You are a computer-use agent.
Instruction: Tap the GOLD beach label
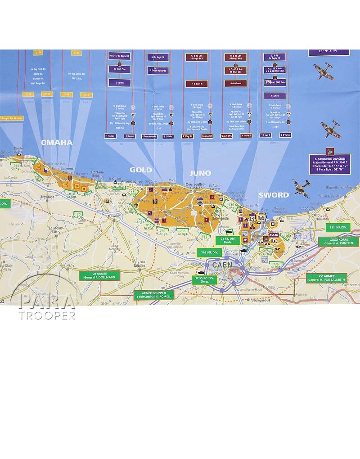141,170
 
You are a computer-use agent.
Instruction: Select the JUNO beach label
200,173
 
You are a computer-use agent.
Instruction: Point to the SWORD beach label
274,195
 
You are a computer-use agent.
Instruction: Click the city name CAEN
222,265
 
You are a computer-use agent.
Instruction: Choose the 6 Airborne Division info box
330,164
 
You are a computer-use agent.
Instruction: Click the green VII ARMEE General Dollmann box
99,276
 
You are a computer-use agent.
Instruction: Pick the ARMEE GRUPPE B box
154,295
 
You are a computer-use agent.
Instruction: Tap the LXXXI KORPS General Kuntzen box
339,242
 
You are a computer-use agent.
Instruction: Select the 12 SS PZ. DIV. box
205,279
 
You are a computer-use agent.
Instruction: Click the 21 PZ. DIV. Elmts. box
227,240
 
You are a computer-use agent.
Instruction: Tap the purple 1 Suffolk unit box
274,95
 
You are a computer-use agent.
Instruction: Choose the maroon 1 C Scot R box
197,84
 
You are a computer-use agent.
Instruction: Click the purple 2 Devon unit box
120,83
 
